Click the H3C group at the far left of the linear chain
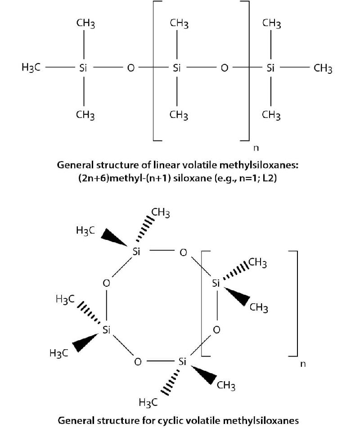tap(31, 68)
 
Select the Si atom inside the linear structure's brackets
tap(177, 68)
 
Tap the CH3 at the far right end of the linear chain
tap(323, 68)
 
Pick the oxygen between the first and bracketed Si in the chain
tap(130, 68)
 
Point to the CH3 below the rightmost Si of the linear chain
tap(271, 115)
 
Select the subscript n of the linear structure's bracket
tap(257, 147)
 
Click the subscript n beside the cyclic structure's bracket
tap(302, 364)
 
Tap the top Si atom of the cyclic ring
tap(137, 252)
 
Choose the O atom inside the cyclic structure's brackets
tap(216, 329)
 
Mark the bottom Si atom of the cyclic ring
tap(182, 361)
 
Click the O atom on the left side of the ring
tap(106, 283)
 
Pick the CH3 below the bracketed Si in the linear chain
tap(179, 115)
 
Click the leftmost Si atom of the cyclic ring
tap(107, 330)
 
